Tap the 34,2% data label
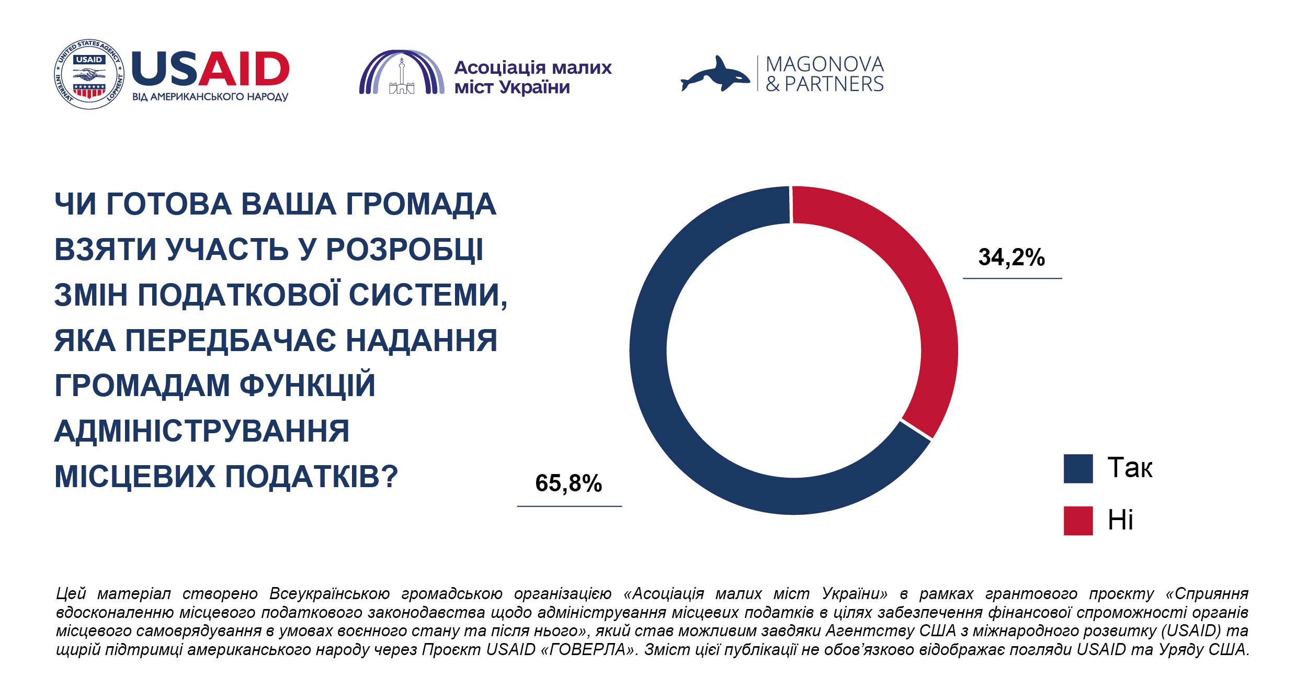tap(1011, 257)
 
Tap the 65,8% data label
tap(568, 483)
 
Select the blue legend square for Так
tap(1078, 468)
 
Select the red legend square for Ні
tap(1078, 521)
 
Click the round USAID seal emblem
tap(89, 74)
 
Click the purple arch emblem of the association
tap(401, 73)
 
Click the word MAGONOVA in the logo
tap(825, 64)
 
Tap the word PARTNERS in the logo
tap(834, 84)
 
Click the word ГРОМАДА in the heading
tap(421, 204)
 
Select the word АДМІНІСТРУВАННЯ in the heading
tap(202, 432)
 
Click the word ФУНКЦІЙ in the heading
tap(308, 386)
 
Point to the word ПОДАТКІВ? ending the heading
tap(312, 477)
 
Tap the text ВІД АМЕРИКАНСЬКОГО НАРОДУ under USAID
tap(210, 97)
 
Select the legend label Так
tap(1130, 468)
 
